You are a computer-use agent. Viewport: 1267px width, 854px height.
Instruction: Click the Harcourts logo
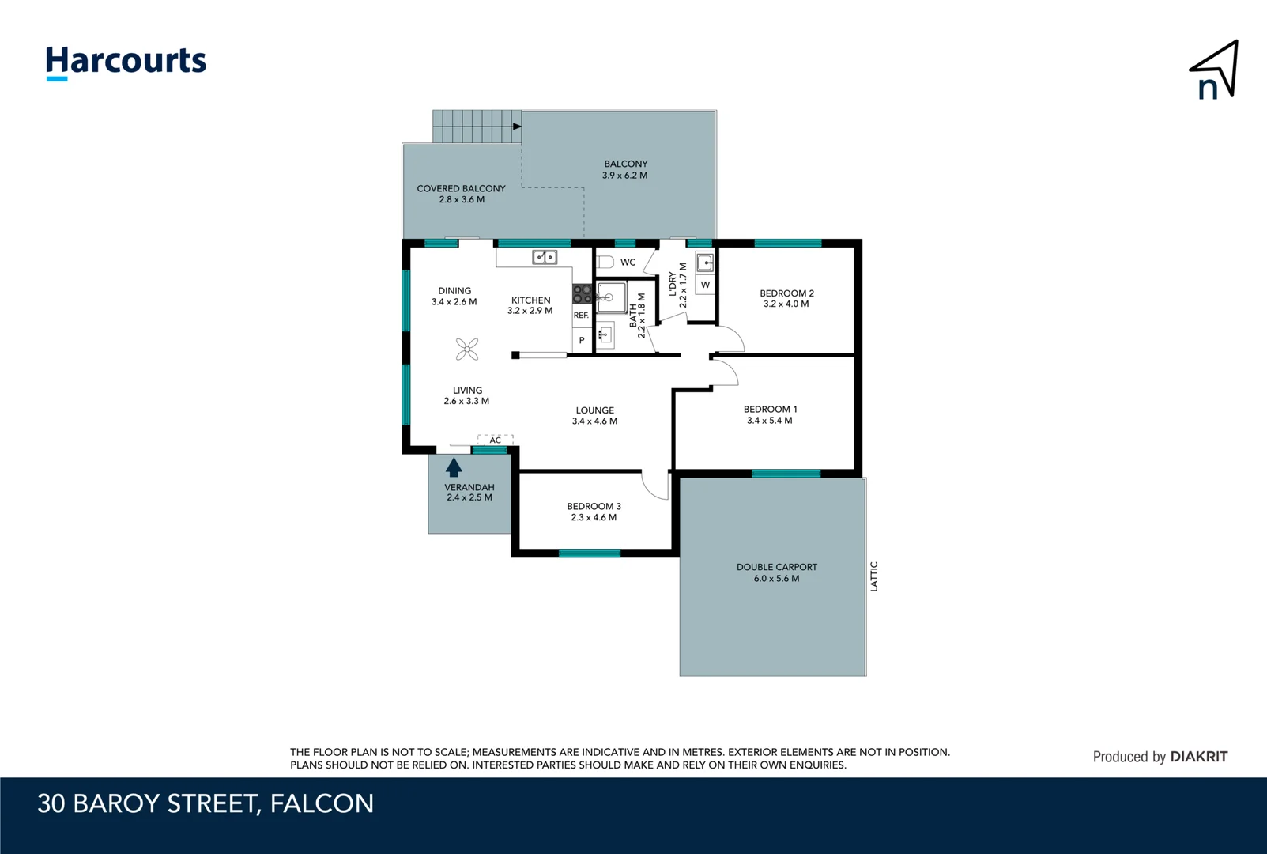point(126,62)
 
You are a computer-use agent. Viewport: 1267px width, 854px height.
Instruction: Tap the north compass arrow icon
point(1215,71)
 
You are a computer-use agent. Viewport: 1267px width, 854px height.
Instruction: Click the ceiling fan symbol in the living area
point(467,349)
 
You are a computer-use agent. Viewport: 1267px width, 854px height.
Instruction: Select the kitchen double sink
point(544,257)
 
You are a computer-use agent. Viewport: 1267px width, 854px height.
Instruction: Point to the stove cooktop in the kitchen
point(582,294)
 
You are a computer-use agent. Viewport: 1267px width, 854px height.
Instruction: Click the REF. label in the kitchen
point(581,316)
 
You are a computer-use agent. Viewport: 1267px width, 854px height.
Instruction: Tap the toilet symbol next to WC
point(605,262)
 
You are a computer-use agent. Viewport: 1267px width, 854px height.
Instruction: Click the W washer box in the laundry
point(705,285)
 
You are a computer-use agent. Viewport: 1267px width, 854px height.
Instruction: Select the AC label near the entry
point(496,440)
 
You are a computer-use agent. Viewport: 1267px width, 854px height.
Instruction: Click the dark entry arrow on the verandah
point(454,467)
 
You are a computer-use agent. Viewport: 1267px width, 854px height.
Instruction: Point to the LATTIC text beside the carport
point(873,576)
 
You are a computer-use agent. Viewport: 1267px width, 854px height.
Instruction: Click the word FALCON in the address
point(322,803)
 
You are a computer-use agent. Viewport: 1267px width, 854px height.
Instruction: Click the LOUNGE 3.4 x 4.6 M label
point(594,416)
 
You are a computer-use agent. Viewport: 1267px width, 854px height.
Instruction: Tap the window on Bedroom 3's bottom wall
point(589,554)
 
